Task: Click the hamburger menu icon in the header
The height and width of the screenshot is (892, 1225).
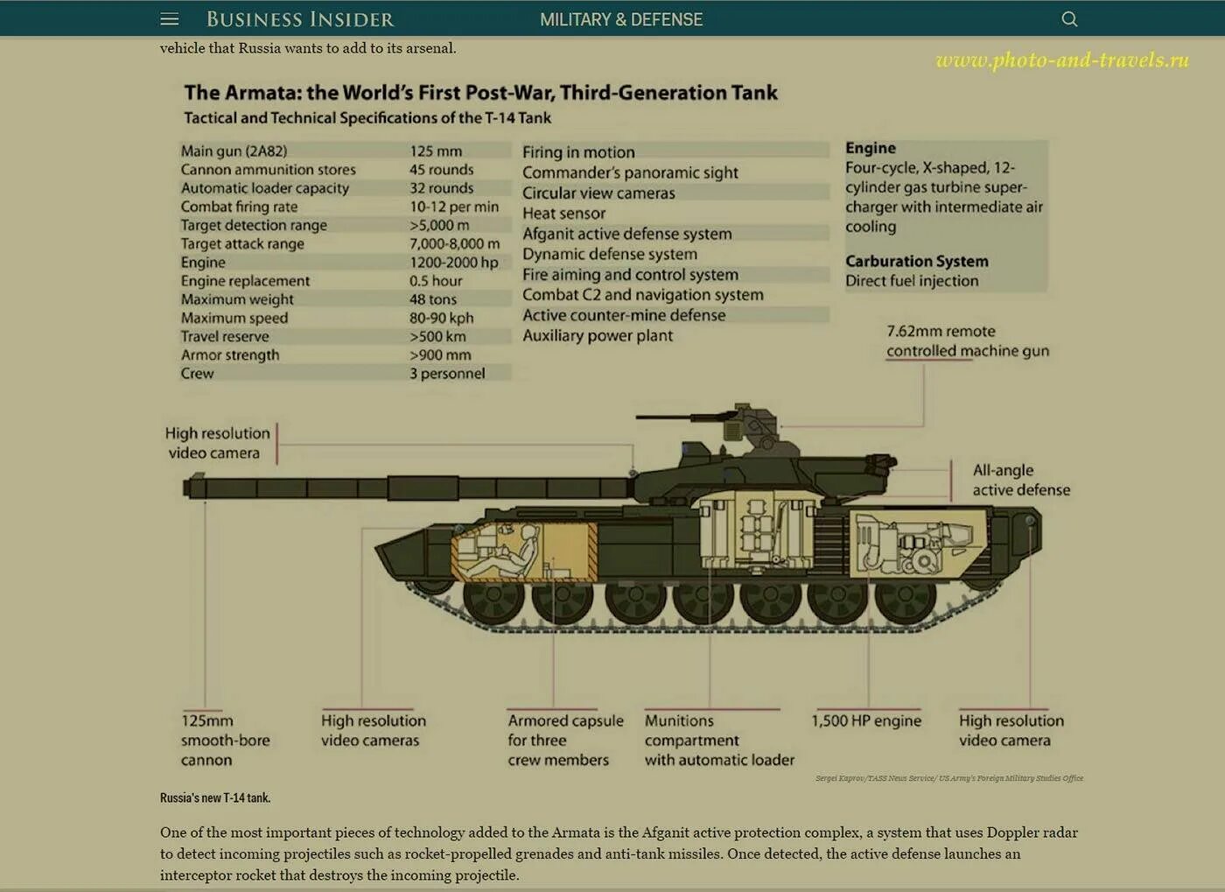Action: coord(170,19)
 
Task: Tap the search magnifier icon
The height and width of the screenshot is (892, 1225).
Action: coord(1069,19)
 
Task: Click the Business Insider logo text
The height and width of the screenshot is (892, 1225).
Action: coord(300,19)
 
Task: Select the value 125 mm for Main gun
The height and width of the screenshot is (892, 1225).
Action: coord(436,151)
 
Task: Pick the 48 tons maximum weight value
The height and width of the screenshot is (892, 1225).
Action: coord(432,299)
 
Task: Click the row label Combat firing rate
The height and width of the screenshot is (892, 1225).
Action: coord(239,207)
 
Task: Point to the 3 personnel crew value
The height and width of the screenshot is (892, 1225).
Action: coord(446,374)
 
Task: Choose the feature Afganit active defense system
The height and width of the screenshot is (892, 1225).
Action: coord(626,234)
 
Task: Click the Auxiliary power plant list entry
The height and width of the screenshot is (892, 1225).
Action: coord(598,335)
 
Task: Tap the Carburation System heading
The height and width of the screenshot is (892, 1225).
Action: coord(916,261)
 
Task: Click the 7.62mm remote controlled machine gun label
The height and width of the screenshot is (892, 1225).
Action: coord(967,341)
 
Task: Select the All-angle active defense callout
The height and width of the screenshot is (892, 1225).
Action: coord(1020,480)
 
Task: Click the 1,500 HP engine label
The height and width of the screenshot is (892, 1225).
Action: coord(865,720)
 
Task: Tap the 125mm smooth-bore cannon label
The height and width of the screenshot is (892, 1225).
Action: coord(225,740)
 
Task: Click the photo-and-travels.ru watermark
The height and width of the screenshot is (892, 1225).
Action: coord(1061,60)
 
